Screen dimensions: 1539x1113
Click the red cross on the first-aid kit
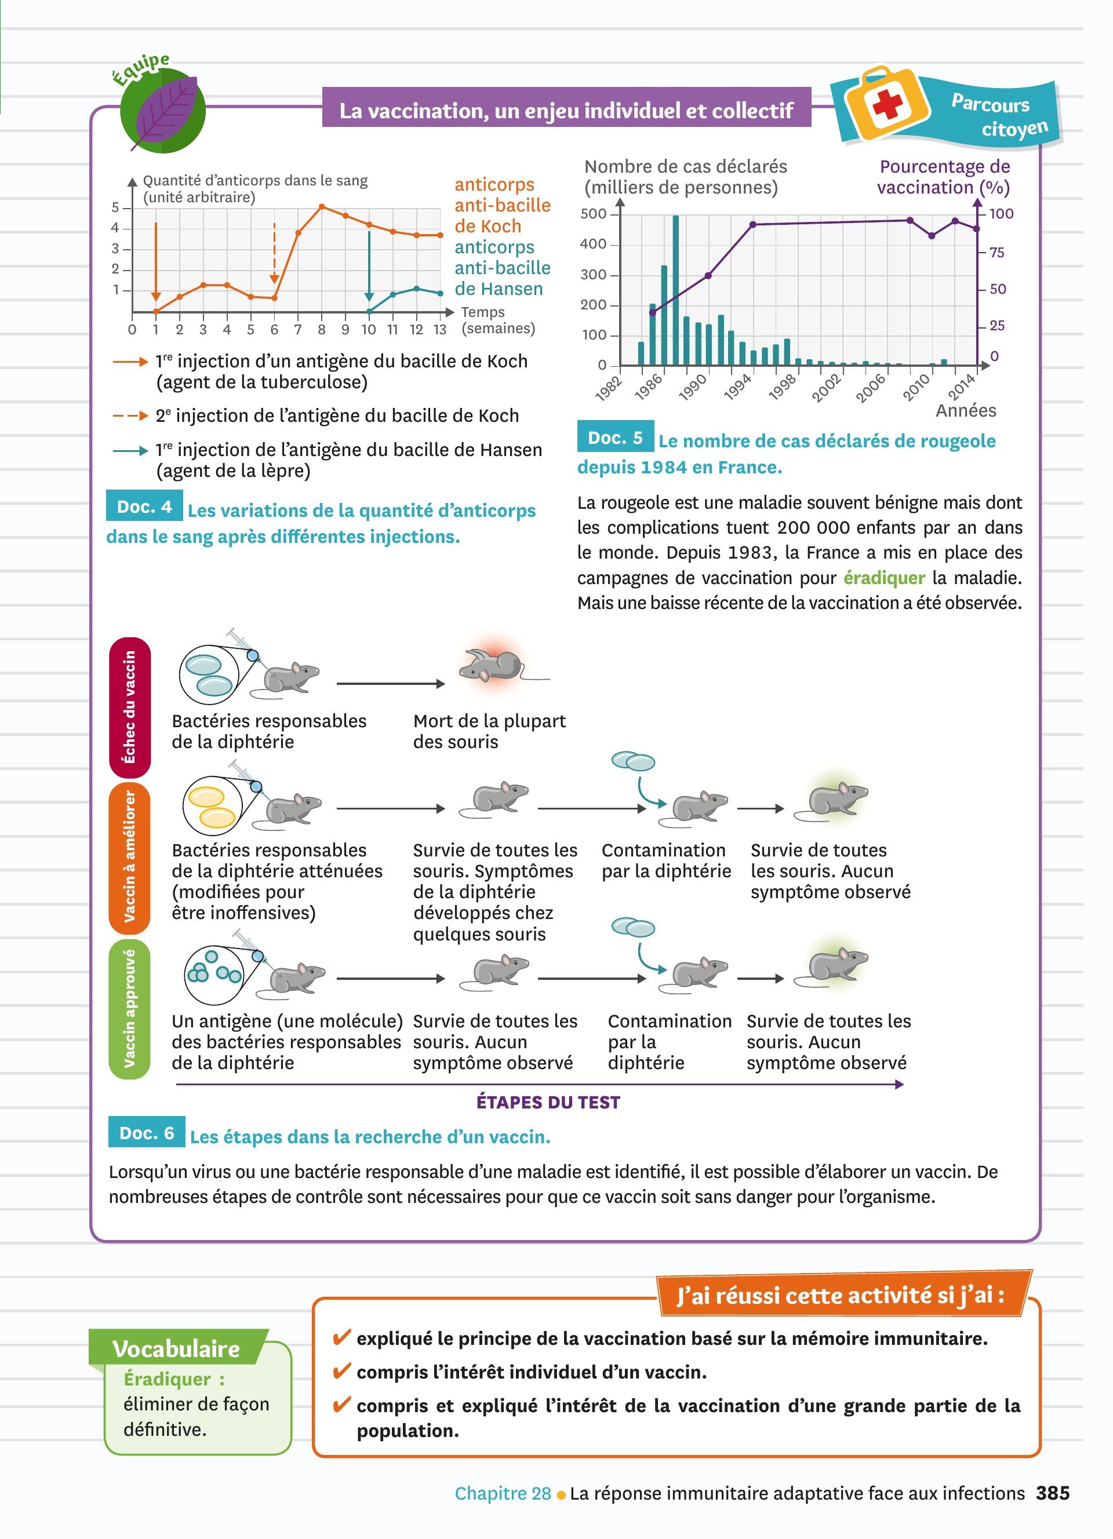[887, 104]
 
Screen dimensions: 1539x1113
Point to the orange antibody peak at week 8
[322, 206]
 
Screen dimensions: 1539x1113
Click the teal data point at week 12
[416, 289]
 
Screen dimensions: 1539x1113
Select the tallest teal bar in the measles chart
[675, 290]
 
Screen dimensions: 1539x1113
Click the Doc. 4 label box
[144, 506]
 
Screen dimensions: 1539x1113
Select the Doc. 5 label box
[615, 437]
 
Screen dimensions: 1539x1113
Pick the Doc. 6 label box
[147, 1133]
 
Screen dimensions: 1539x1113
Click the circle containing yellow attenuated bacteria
[212, 806]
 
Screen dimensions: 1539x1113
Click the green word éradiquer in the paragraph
[883, 578]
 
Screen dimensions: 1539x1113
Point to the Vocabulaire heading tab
[176, 1348]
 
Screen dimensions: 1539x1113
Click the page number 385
[1053, 1493]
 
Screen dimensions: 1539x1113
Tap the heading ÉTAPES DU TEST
[548, 1103]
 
